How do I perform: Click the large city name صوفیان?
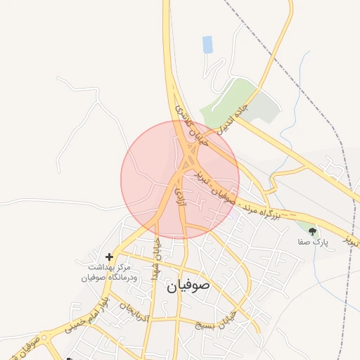pos(189,286)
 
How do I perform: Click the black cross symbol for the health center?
pos(108,257)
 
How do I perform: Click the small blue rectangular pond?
pos(207,45)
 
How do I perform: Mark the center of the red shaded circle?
pos(180,179)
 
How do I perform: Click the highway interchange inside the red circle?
pos(186,164)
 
